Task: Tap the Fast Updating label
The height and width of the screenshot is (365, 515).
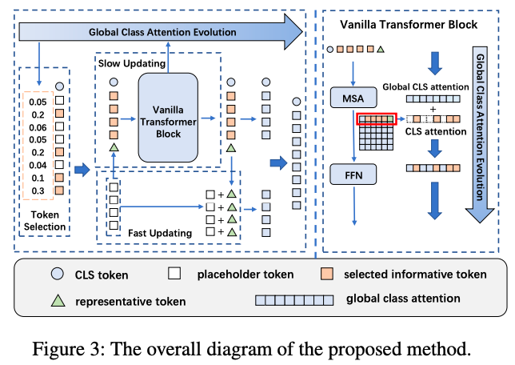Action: [x=161, y=233]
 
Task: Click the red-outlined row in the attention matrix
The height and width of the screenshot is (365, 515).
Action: [x=377, y=119]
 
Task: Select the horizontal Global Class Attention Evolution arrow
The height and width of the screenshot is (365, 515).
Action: [x=160, y=33]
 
